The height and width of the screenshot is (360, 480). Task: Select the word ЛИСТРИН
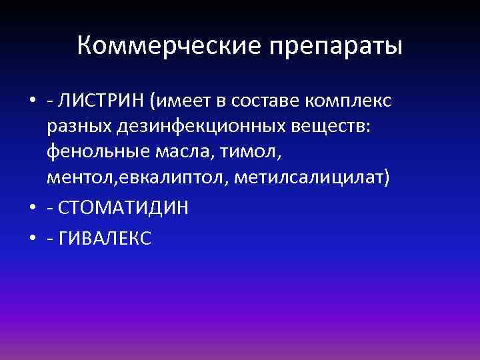tap(101, 101)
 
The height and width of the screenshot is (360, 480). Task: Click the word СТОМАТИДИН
tap(123, 208)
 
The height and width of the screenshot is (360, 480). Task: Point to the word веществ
tap(327, 128)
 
